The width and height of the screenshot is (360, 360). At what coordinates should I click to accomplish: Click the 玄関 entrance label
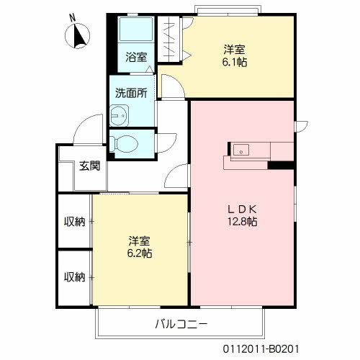tap(89, 165)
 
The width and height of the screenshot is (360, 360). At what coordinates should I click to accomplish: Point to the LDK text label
tap(243, 209)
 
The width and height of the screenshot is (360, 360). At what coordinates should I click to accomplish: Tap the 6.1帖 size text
tap(234, 63)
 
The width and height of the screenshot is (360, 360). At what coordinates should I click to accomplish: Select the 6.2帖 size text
tap(140, 253)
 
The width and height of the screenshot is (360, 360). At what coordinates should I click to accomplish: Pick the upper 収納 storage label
tap(74, 222)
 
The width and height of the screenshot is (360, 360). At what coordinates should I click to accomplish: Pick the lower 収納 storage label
tap(74, 276)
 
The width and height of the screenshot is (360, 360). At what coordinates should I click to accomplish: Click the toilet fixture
tap(125, 143)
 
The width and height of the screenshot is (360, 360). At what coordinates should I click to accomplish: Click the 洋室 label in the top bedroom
tap(234, 50)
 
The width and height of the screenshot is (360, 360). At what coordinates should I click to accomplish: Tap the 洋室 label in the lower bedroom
tap(140, 240)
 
